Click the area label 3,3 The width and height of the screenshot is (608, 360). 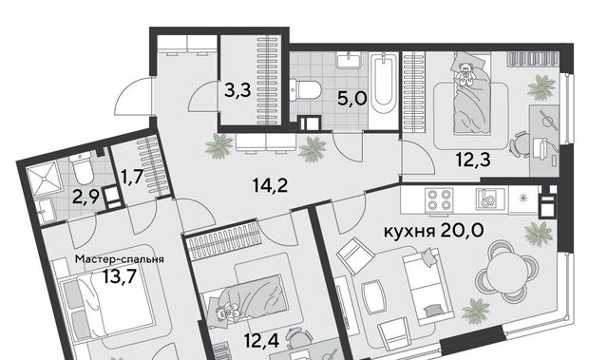pyautogui.click(x=238, y=90)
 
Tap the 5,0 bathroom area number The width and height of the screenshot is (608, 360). pyautogui.click(x=352, y=99)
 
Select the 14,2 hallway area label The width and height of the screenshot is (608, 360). pyautogui.click(x=270, y=185)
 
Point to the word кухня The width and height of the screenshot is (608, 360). pyautogui.click(x=409, y=232)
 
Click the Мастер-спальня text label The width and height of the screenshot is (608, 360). pyautogui.click(x=120, y=259)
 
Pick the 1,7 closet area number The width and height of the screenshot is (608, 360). pyautogui.click(x=133, y=177)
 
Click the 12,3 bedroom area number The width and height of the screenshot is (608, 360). pyautogui.click(x=473, y=160)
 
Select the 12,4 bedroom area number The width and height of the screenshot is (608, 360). pyautogui.click(x=262, y=341)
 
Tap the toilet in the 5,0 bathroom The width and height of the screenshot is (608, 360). pyautogui.click(x=305, y=89)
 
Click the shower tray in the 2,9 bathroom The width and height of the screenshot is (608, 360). pyautogui.click(x=45, y=179)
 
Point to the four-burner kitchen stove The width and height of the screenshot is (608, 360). pyautogui.click(x=439, y=199)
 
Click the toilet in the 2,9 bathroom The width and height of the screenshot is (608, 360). pyautogui.click(x=83, y=168)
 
